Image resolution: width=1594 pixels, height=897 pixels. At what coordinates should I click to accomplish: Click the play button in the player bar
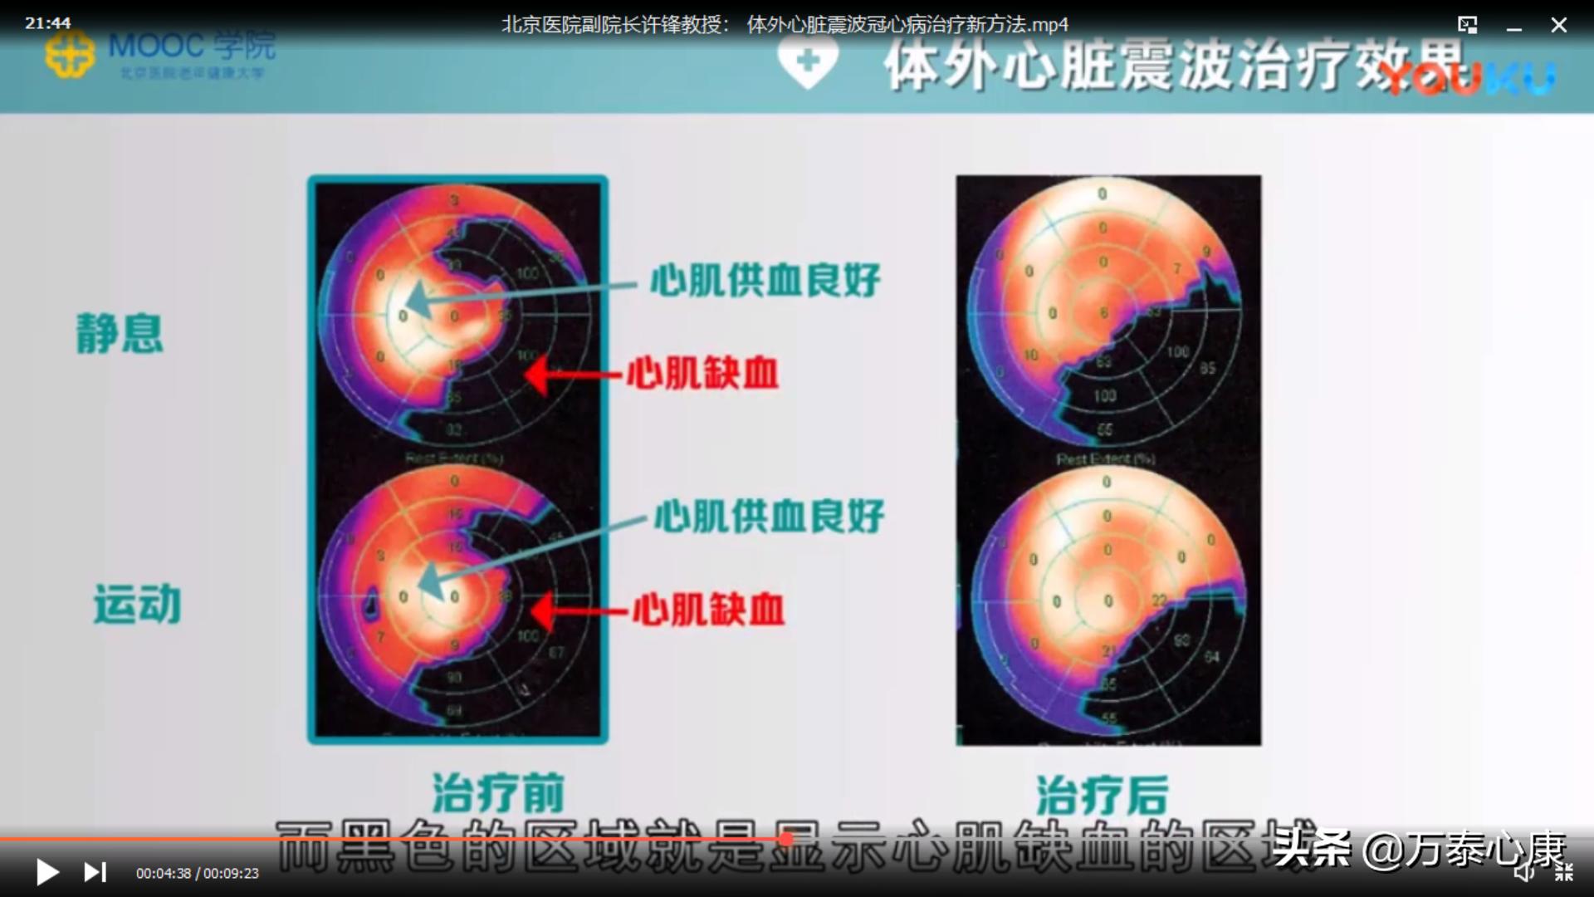pyautogui.click(x=47, y=872)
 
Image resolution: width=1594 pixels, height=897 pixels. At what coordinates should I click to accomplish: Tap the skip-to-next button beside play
pyautogui.click(x=95, y=872)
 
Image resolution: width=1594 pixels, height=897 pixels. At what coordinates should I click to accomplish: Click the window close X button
pyautogui.click(x=1558, y=25)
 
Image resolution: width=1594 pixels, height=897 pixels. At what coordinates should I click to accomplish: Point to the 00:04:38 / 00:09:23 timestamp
pyautogui.click(x=198, y=874)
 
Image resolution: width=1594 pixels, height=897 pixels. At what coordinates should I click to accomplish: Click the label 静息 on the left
pyautogui.click(x=120, y=334)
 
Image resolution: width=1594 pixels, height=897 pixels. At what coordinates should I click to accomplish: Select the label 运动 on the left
pyautogui.click(x=137, y=604)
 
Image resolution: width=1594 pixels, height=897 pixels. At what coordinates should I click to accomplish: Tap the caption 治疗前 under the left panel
pyautogui.click(x=498, y=792)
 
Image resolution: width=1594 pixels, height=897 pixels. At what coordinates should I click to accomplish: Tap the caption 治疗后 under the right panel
pyautogui.click(x=1102, y=795)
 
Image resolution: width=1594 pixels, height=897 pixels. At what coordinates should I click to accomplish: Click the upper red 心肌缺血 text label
pyautogui.click(x=702, y=373)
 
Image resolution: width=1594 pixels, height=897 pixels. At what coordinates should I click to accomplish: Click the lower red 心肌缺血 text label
pyautogui.click(x=708, y=610)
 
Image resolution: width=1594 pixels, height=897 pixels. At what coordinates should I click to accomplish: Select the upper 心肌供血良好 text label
pyautogui.click(x=765, y=281)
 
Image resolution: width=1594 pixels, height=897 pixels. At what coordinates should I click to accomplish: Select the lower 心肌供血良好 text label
pyautogui.click(x=769, y=517)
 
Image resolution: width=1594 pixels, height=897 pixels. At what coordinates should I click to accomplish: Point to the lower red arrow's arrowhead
pyautogui.click(x=541, y=611)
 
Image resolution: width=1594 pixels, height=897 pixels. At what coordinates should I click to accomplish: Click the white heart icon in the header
pyautogui.click(x=807, y=62)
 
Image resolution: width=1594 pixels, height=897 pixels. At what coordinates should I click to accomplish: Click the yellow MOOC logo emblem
pyautogui.click(x=70, y=54)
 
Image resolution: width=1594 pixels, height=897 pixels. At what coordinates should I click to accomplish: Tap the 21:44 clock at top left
pyautogui.click(x=48, y=23)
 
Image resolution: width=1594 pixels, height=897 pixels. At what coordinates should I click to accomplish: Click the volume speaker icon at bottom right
pyautogui.click(x=1523, y=871)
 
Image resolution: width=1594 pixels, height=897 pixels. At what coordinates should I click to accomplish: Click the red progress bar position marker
pyautogui.click(x=785, y=840)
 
